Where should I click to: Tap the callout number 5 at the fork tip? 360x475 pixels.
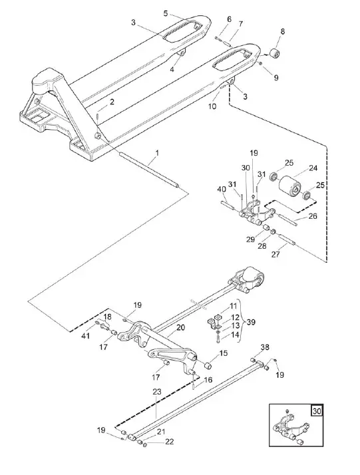(x=166, y=13)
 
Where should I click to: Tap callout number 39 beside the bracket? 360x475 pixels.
(x=250, y=321)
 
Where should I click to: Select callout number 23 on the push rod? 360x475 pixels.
(x=157, y=393)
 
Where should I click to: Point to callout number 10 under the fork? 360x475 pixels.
(x=213, y=106)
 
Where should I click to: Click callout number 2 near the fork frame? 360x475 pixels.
(x=111, y=102)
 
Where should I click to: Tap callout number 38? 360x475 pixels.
(x=265, y=347)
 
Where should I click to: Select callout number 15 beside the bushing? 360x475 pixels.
(x=223, y=353)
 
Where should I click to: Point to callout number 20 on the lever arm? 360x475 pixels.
(x=180, y=328)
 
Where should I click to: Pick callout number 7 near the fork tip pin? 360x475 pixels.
(x=240, y=24)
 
